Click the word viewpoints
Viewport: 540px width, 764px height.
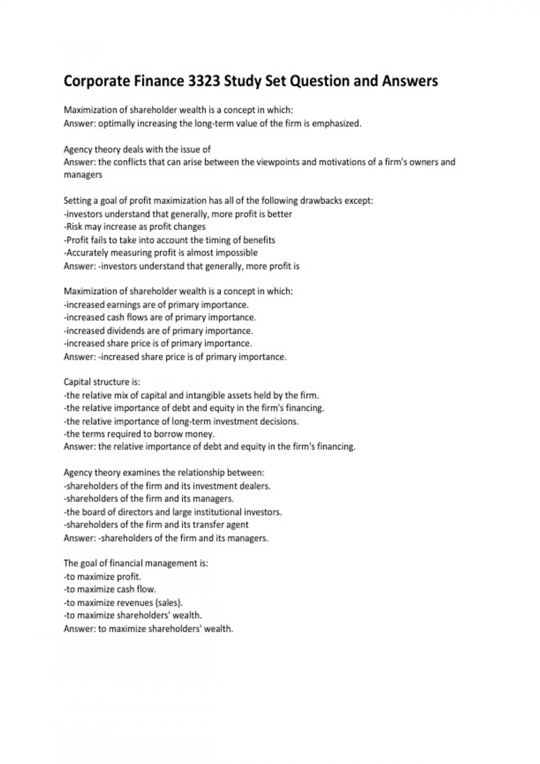click(277, 162)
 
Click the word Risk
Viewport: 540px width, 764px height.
click(74, 227)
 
